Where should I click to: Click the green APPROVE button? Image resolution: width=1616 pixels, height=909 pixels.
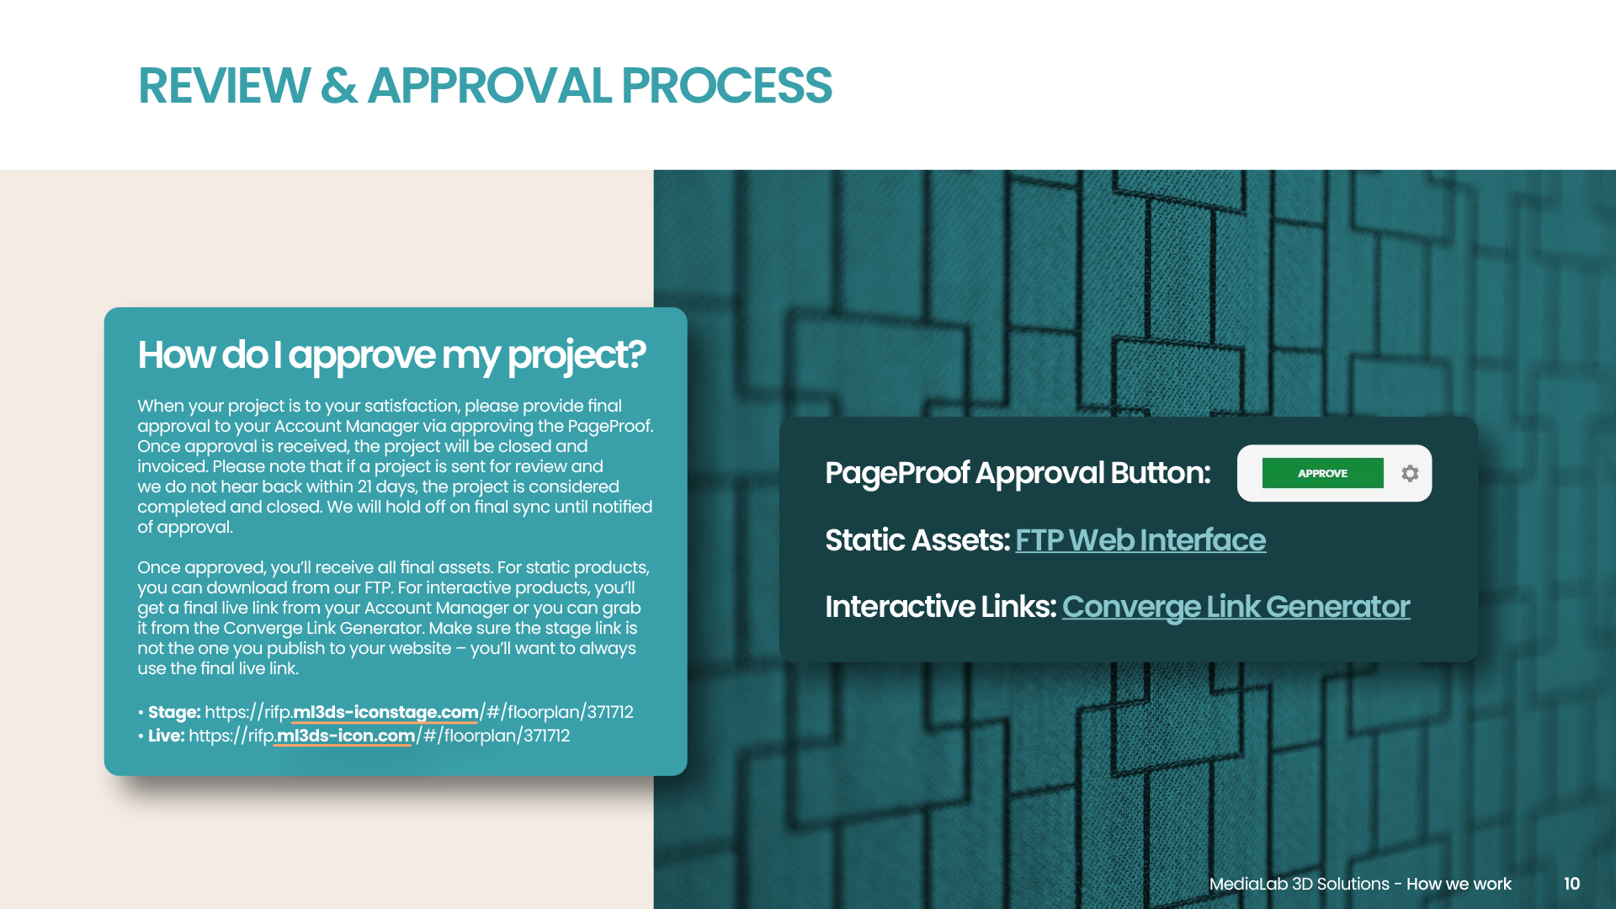click(1322, 473)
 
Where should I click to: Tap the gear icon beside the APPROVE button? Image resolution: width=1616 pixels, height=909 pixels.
click(1410, 473)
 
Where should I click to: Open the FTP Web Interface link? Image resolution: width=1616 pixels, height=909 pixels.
click(1140, 540)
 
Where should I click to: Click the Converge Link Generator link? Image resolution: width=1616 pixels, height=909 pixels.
click(1236, 607)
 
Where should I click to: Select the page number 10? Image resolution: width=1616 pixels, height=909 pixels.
click(1571, 884)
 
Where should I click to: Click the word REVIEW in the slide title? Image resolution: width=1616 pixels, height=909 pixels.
click(224, 86)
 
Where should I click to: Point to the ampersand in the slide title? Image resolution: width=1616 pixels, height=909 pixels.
click(338, 86)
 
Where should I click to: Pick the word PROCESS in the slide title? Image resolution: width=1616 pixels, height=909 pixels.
click(726, 86)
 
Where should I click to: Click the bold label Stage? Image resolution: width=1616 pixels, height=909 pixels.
click(174, 712)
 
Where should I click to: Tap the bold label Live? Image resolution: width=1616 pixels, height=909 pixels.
click(167, 736)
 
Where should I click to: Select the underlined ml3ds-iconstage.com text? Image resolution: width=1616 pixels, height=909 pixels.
click(385, 712)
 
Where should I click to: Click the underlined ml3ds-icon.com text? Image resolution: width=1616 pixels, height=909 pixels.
click(346, 736)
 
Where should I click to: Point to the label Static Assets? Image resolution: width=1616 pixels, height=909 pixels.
click(917, 540)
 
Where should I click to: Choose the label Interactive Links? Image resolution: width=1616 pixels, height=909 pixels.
click(940, 607)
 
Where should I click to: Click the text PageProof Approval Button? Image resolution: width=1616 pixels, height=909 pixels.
click(1018, 473)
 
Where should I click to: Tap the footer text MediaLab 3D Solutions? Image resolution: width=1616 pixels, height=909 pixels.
click(1299, 884)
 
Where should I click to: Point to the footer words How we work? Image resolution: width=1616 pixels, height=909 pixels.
click(1459, 884)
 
